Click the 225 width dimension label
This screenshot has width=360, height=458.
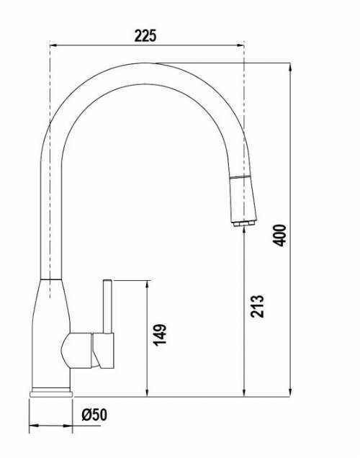[145, 35]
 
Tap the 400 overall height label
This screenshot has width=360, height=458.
[279, 235]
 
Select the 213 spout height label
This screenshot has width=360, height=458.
[257, 306]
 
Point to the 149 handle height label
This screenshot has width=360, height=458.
[160, 335]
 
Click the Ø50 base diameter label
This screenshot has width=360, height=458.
[94, 415]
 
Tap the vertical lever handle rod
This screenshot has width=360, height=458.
[107, 307]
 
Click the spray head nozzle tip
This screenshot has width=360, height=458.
[244, 224]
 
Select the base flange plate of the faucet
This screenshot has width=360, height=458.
[51, 395]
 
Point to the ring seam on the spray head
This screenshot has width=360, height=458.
[240, 177]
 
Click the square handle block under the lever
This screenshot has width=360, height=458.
[104, 351]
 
